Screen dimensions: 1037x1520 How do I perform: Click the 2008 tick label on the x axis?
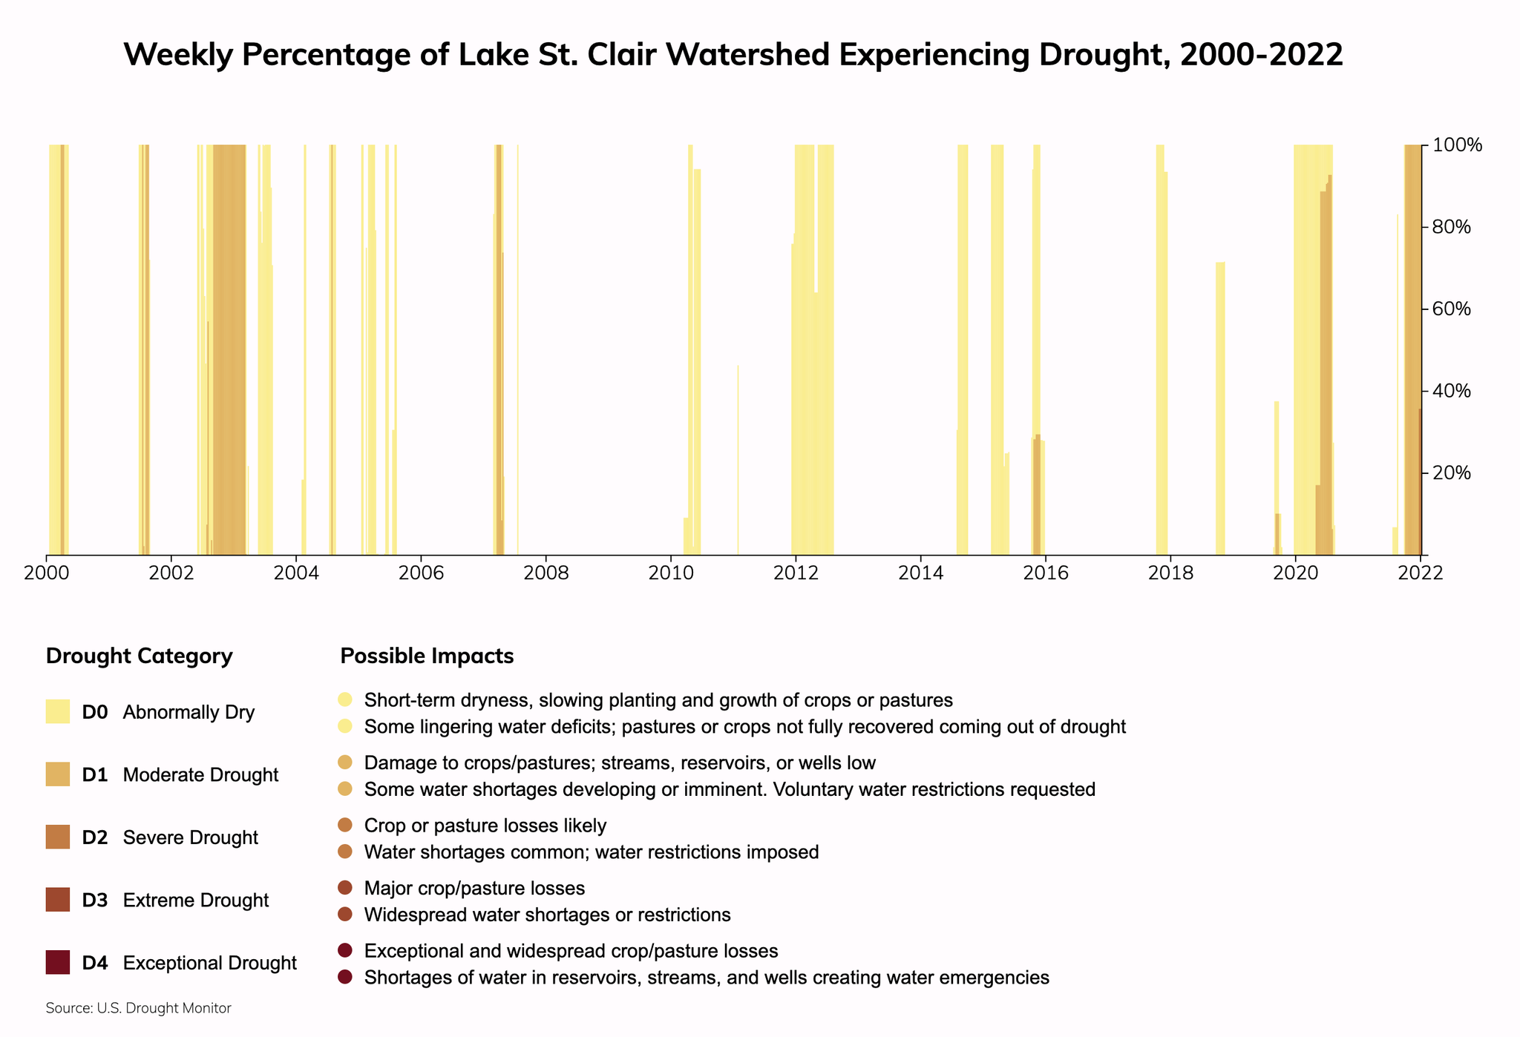546,573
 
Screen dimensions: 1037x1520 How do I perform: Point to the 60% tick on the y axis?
1424,309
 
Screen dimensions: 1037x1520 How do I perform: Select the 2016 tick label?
1045,573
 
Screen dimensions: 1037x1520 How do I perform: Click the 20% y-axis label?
1451,473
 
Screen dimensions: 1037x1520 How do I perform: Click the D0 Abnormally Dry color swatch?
58,711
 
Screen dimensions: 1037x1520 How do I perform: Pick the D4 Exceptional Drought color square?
58,962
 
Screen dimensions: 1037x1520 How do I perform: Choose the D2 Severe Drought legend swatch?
58,837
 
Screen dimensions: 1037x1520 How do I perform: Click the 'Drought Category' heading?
139,656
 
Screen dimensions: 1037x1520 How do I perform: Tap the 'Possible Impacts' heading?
427,656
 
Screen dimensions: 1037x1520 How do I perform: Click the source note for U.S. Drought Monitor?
138,1008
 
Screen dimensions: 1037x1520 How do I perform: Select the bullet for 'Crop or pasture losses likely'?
344,825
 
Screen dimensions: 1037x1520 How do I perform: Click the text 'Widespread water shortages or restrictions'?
547,915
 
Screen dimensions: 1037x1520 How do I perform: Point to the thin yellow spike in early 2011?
738,460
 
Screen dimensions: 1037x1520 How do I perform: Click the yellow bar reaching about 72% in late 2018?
1220,408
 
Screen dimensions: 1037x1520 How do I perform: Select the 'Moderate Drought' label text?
200,774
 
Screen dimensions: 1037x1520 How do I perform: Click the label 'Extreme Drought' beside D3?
195,900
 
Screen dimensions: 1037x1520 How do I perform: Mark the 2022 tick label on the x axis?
1421,573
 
